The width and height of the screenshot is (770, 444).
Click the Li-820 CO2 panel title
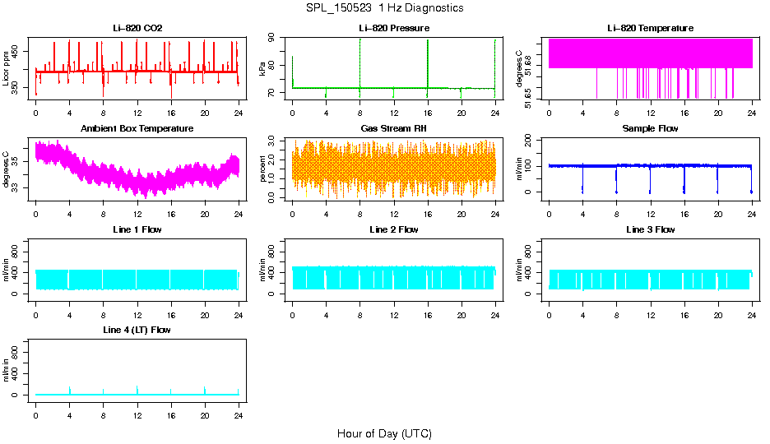click(137, 28)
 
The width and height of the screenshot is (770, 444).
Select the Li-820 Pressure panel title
click(394, 28)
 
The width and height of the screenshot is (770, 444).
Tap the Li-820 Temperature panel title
click(650, 28)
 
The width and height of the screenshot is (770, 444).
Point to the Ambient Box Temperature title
click(137, 128)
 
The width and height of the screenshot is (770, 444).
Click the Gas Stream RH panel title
click(394, 128)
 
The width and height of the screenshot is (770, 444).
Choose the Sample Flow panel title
click(650, 128)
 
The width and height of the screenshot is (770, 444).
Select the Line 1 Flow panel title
click(137, 229)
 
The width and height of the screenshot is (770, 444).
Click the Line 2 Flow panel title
click(394, 229)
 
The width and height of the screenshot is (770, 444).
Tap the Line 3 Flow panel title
click(650, 229)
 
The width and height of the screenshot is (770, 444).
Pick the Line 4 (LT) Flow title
click(137, 330)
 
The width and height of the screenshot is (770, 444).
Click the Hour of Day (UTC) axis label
click(384, 433)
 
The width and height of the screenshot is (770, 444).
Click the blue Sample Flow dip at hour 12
click(650, 181)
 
